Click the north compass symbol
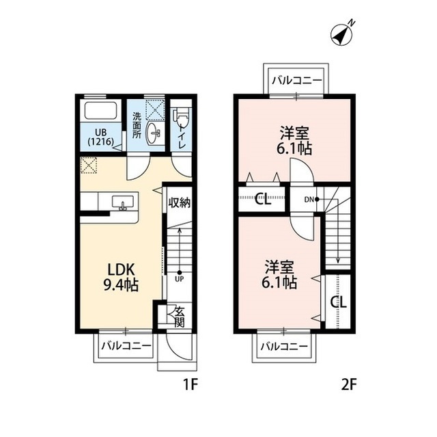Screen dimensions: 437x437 tap(342, 34)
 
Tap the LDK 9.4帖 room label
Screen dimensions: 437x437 tap(121, 278)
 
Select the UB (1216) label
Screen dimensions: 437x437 tap(101, 137)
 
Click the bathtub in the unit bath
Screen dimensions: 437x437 tap(100, 111)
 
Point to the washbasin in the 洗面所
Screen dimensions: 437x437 tap(153, 133)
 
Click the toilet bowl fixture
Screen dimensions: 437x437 tap(182, 116)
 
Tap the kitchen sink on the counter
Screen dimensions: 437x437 tap(123, 202)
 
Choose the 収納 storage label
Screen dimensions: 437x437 tap(179, 202)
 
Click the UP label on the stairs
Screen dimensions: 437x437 tap(180, 279)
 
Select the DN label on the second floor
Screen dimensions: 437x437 tap(309, 199)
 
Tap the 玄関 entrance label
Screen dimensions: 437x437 tap(180, 317)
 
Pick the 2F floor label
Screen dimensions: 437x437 tap(349, 385)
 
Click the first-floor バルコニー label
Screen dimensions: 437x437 tap(126, 346)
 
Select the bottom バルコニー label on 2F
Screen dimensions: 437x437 tap(284, 347)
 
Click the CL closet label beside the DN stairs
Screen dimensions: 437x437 tap(263, 199)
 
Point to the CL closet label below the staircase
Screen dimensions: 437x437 tap(339, 302)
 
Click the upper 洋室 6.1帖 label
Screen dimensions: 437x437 tap(294, 140)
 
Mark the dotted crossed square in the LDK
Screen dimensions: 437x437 tap(88, 165)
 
